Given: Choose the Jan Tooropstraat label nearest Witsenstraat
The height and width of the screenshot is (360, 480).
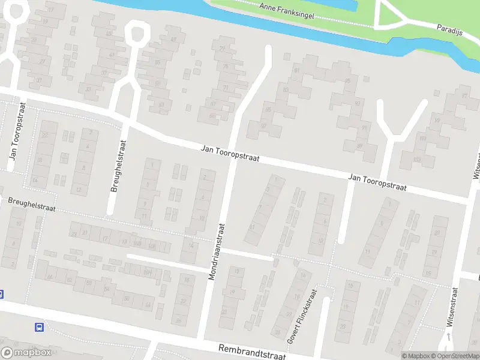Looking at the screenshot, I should tap(377, 183).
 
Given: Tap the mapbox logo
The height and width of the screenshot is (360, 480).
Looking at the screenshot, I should tap(26, 353).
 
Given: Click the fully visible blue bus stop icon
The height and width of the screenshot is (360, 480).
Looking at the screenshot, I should tap(40, 327).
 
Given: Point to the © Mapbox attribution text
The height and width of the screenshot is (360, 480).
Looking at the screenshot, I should tap(414, 356).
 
